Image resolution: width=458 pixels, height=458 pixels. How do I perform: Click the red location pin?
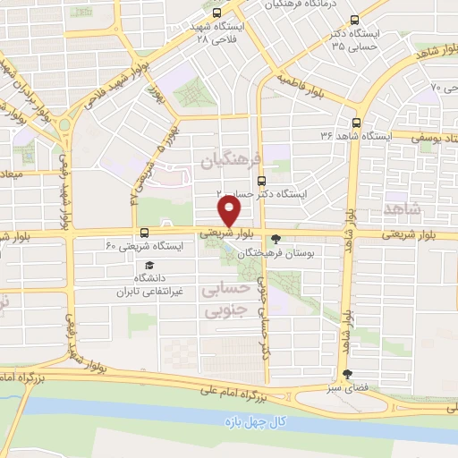click(230, 211)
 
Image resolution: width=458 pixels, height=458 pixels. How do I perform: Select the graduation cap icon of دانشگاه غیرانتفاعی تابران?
click(149, 266)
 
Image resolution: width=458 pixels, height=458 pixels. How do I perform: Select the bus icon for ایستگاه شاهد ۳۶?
click(358, 123)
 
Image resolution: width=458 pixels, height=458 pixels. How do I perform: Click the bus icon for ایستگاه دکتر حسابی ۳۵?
click(356, 20)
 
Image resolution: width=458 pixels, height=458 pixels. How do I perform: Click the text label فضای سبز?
click(345, 391)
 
